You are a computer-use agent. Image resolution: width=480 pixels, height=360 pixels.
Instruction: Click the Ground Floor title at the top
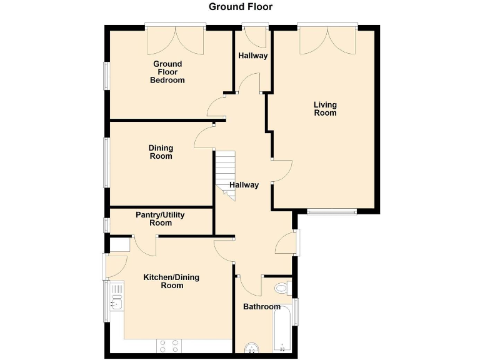241,7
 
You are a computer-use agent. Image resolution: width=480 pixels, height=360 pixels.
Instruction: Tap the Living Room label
325,109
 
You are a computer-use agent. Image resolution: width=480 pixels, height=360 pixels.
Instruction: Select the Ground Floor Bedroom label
167,72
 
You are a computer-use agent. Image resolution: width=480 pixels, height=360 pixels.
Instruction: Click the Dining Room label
161,152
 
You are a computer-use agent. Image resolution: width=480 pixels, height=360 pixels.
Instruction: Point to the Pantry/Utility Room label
160,219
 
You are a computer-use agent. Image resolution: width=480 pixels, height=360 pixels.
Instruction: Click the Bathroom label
261,307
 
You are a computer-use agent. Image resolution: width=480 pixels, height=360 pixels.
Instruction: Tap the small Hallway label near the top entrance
253,56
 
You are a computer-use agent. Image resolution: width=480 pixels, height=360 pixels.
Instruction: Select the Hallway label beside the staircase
244,185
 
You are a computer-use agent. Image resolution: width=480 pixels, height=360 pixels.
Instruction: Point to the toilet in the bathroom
282,289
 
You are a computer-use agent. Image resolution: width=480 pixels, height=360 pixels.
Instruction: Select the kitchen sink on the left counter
116,303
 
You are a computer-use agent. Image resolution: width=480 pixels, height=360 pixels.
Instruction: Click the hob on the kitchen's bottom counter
170,346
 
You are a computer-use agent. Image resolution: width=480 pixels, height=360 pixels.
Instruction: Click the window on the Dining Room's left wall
106,161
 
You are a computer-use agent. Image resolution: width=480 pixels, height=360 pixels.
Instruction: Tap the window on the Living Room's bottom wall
331,211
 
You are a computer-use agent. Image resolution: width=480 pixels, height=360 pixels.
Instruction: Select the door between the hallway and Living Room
281,171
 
